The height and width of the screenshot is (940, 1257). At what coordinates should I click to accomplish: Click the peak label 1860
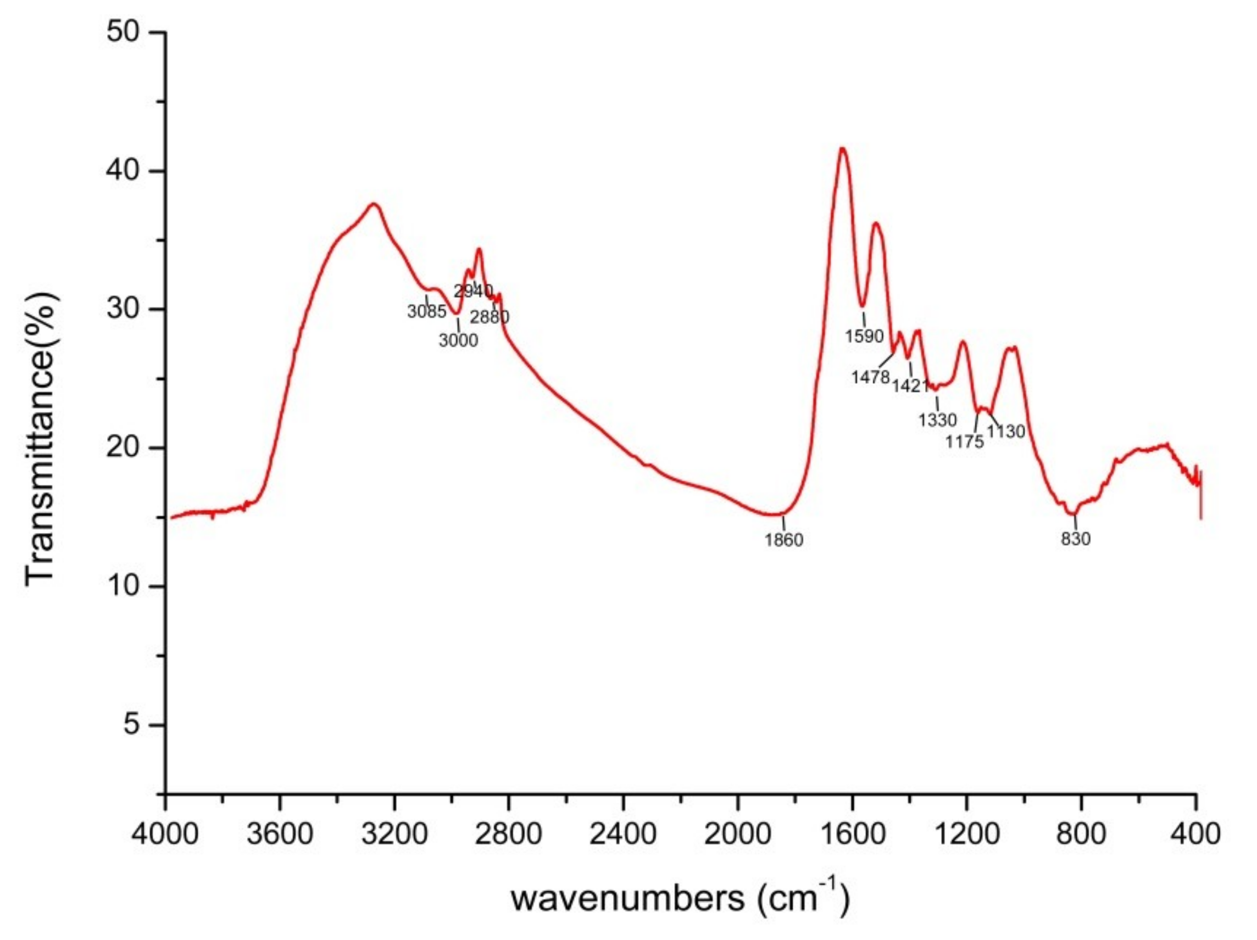783,540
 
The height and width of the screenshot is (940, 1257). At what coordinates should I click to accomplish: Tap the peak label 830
1076,539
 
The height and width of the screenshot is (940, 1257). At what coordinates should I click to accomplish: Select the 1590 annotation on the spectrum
864,336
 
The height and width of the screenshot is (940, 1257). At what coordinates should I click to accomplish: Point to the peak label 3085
427,311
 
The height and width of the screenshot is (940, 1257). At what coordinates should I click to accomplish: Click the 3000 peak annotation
458,340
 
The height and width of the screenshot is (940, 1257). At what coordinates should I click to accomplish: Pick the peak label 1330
938,420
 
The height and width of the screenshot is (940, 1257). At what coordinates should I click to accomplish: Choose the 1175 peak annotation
964,441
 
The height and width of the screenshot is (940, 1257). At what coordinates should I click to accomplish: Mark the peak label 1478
870,377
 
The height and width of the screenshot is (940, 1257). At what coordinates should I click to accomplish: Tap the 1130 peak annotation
1006,432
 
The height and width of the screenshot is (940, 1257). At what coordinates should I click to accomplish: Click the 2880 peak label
490,317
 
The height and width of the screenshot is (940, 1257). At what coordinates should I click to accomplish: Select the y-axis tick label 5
131,725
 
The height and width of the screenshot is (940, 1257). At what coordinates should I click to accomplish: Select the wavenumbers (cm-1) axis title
680,898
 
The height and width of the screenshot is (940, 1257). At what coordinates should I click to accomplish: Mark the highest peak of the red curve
842,149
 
